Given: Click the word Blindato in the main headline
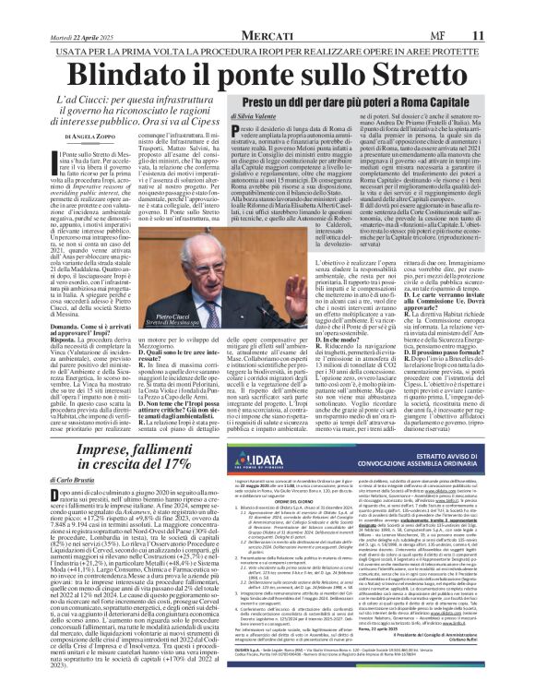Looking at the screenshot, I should [x=138, y=73].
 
